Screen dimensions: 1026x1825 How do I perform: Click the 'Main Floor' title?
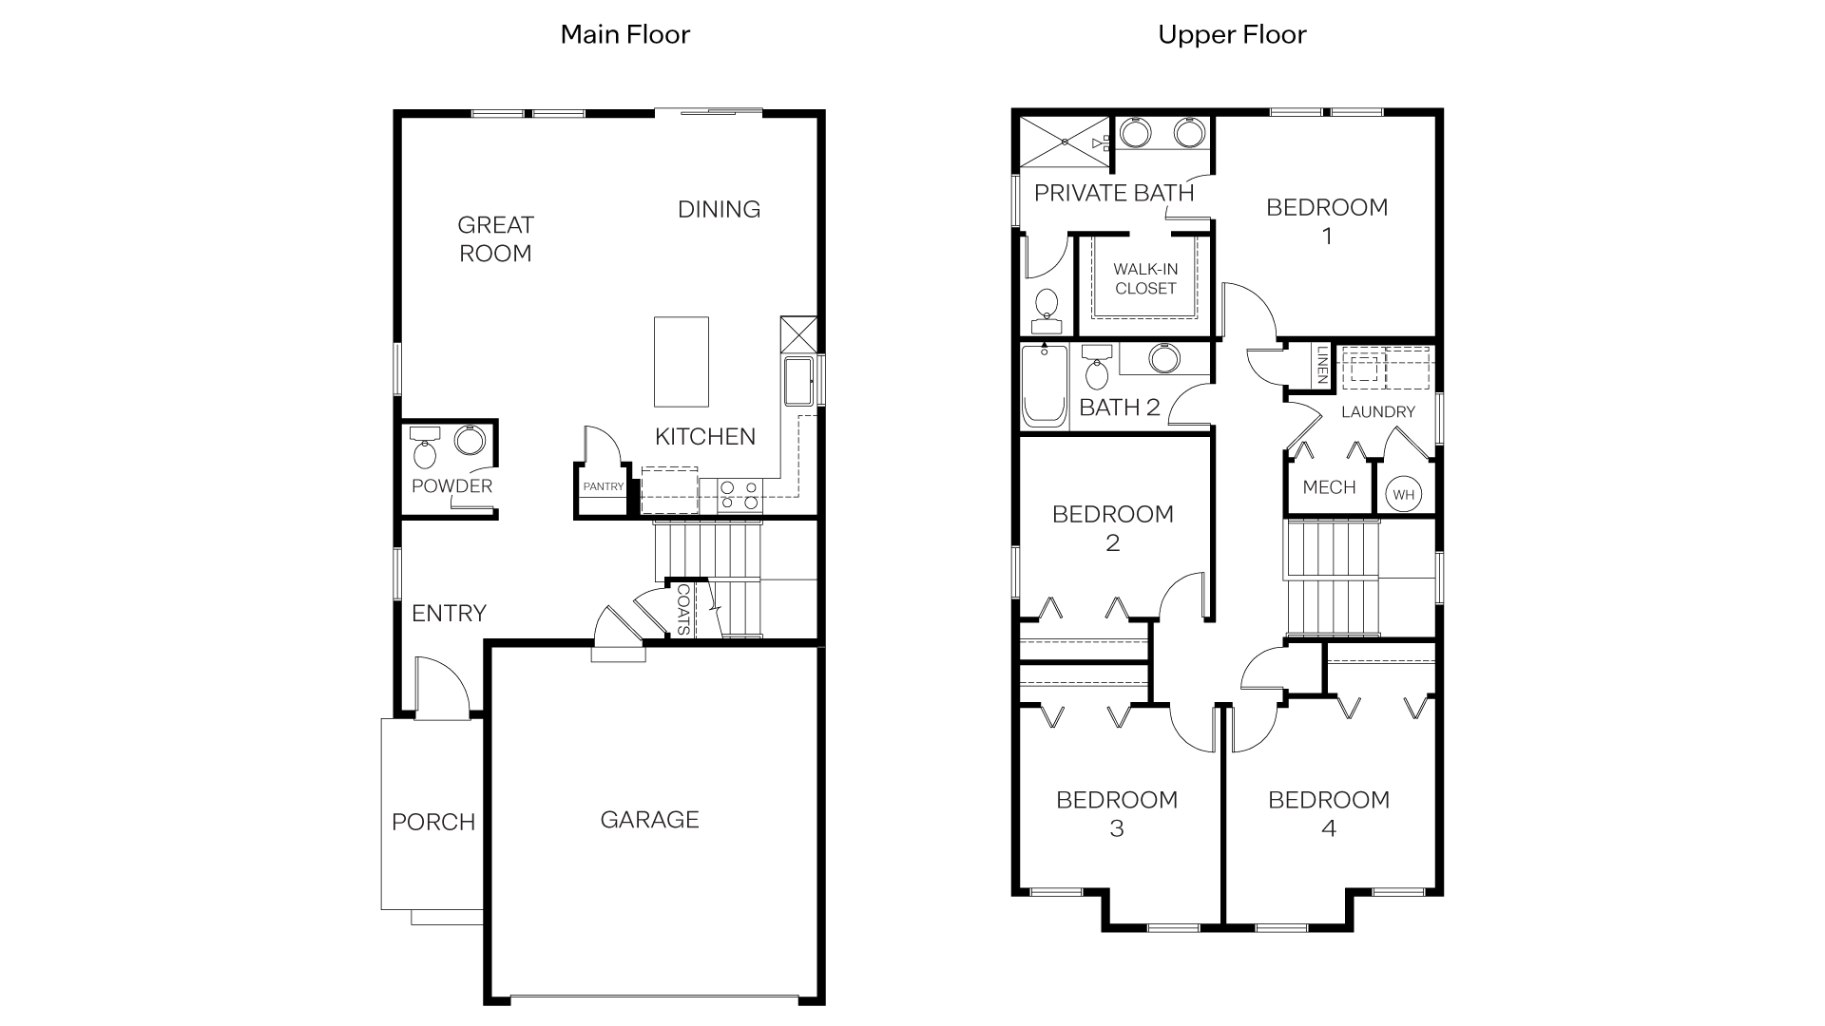click(624, 35)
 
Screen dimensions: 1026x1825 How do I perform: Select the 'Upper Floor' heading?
click(1232, 35)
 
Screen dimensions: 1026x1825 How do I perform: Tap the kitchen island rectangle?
click(681, 362)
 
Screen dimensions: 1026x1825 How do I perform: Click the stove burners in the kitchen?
click(740, 495)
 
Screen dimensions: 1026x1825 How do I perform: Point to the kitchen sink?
click(797, 380)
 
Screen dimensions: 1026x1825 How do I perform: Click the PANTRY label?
click(604, 486)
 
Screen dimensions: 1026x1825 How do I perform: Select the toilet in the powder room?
click(425, 450)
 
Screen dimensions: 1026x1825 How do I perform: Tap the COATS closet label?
click(683, 609)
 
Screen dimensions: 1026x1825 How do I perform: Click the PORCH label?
click(433, 822)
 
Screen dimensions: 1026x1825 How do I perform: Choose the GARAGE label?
click(649, 819)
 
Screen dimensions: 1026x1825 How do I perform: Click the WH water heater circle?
click(1403, 494)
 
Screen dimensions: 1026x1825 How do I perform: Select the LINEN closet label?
click(1322, 365)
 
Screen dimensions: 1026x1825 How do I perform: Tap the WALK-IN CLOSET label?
click(1145, 279)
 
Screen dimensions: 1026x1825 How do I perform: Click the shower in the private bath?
click(1064, 141)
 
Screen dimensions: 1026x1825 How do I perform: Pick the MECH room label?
click(1329, 487)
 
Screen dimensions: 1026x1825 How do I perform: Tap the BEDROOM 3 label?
click(1117, 813)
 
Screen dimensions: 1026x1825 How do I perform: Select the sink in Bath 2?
click(1163, 358)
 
